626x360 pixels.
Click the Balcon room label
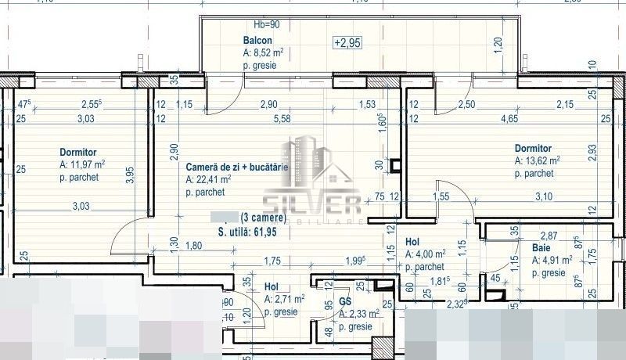257,41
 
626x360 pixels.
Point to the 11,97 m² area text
88,165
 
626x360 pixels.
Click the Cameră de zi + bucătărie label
237,167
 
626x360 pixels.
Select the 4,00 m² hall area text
431,254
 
